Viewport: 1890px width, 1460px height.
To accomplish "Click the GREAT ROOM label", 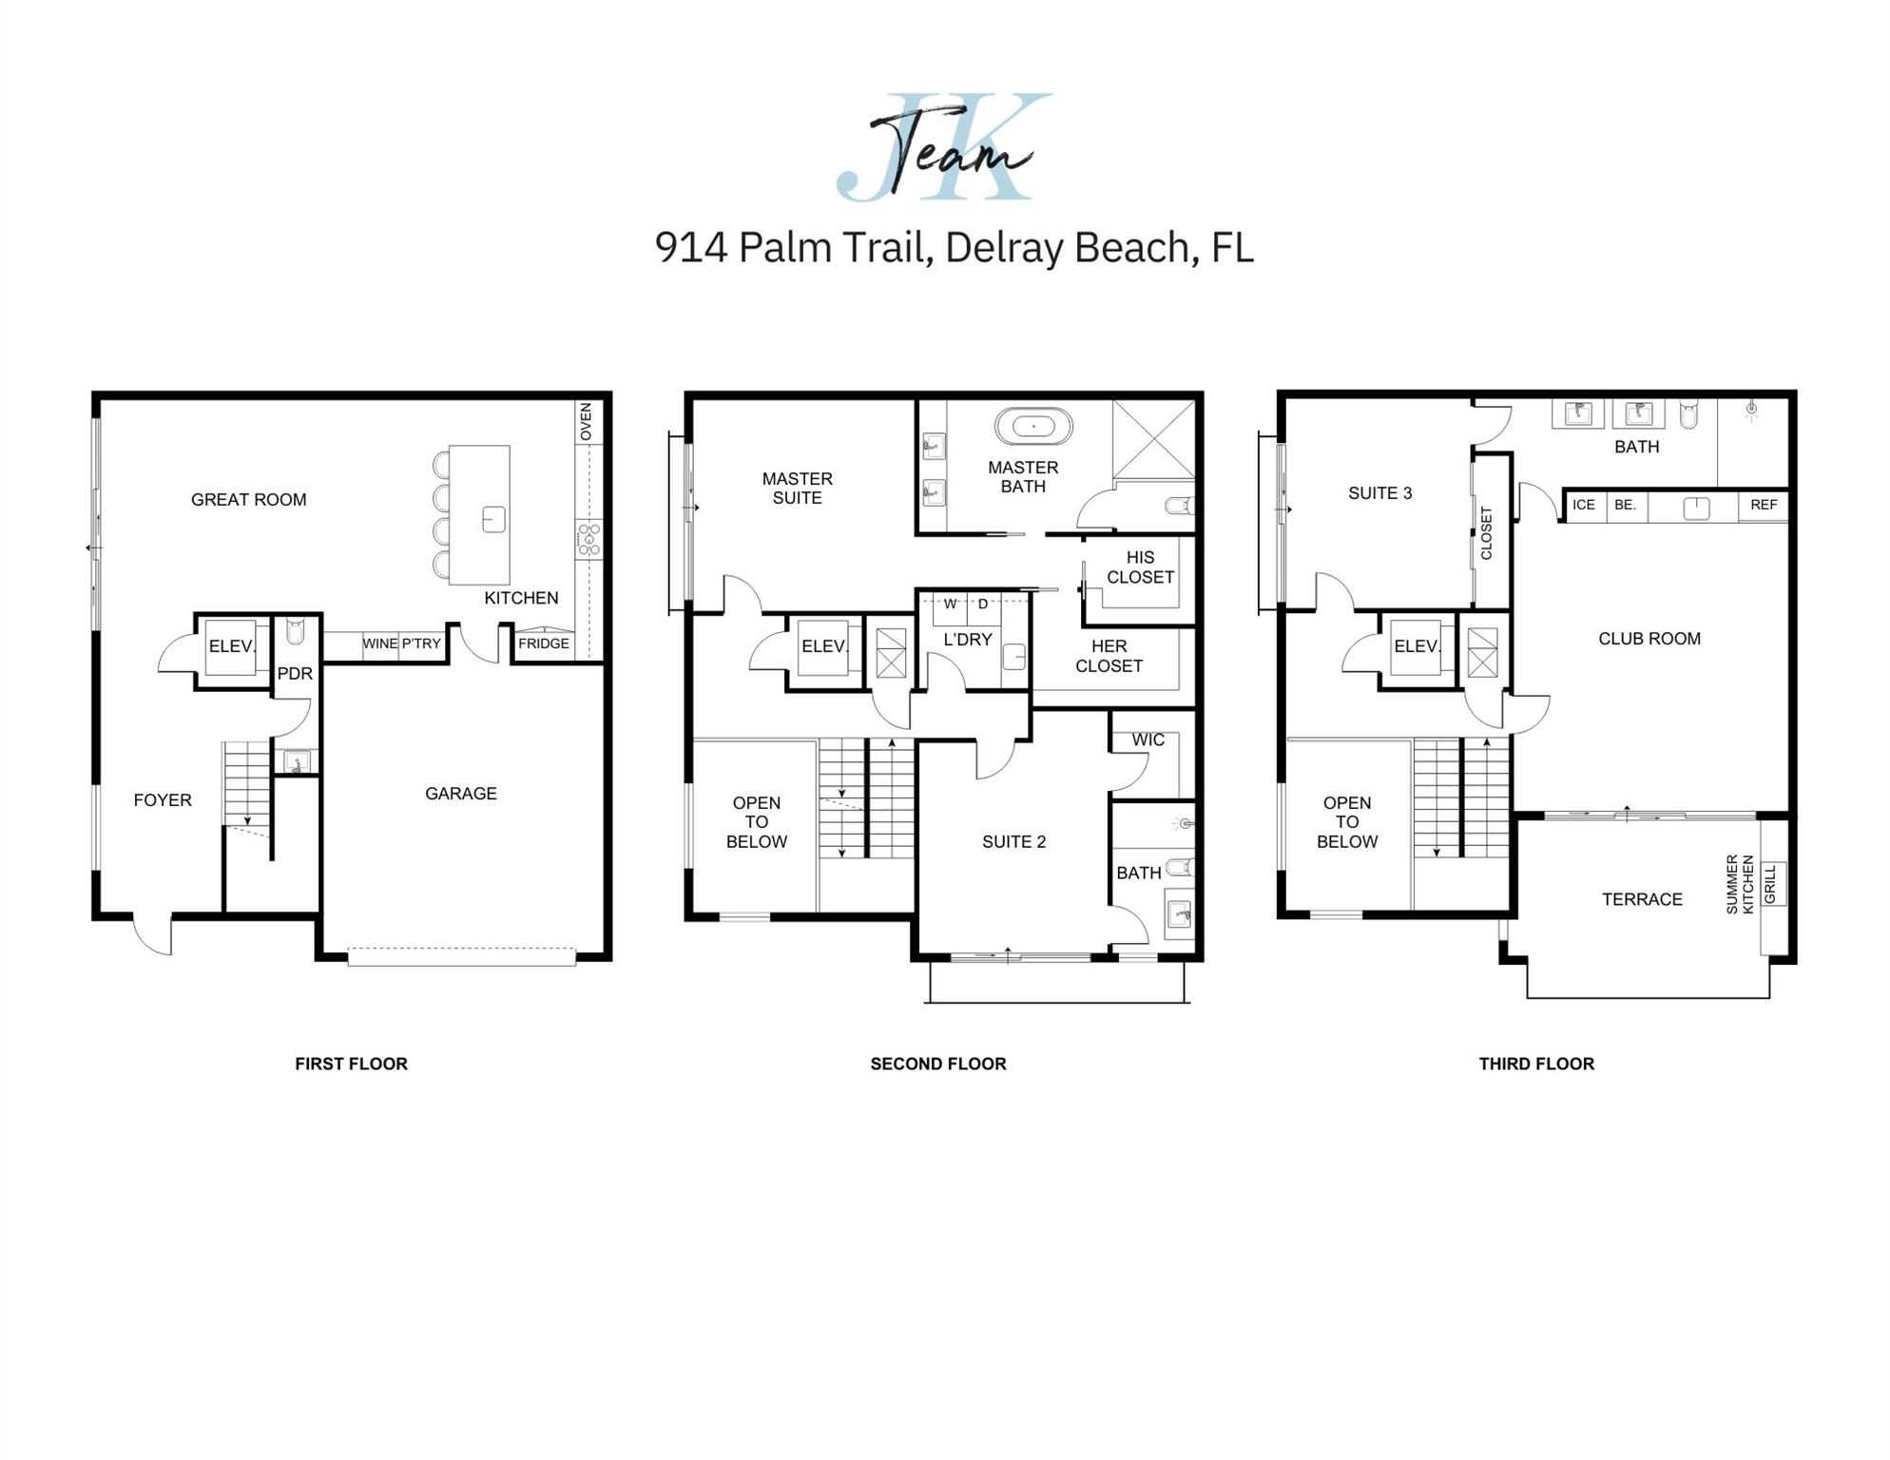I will coord(248,500).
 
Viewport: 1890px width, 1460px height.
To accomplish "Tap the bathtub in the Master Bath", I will coord(1033,427).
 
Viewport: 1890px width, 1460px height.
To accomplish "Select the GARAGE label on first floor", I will coord(460,794).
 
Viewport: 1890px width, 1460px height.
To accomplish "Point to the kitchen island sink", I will coord(493,519).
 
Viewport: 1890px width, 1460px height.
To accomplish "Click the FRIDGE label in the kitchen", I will coord(544,644).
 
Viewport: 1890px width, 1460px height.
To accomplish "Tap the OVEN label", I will coord(586,422).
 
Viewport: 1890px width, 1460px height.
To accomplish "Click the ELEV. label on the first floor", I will coord(232,646).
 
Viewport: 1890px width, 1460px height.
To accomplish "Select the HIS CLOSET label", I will coord(1140,567).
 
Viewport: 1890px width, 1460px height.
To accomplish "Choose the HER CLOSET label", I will coord(1109,656).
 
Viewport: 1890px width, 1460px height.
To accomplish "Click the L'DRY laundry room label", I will coord(967,640).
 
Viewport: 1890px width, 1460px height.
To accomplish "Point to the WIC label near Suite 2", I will coord(1147,740).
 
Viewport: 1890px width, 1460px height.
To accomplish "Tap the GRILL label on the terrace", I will coord(1770,884).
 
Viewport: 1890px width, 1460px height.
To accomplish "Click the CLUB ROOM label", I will coord(1649,639).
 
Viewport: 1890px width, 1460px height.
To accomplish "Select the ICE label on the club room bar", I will coord(1584,505).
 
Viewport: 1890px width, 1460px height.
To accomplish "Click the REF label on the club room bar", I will coord(1764,505).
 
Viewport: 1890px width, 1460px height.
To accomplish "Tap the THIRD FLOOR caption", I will coord(1536,1064).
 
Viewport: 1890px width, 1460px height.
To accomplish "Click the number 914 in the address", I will coord(691,247).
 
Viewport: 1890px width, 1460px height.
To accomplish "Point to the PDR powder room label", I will coord(295,674).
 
